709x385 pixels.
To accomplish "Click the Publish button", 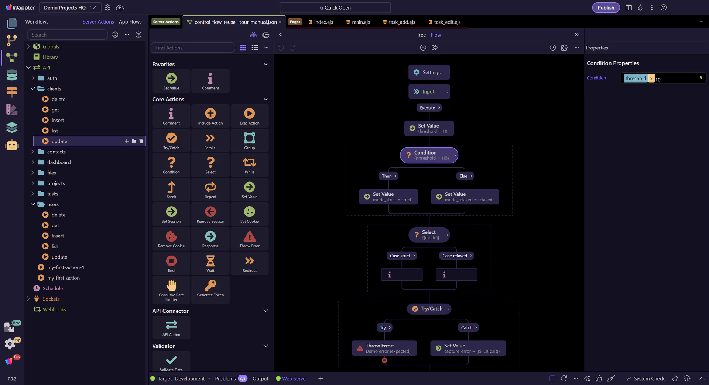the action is coord(606,7).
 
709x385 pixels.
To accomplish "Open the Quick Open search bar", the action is coord(335,7).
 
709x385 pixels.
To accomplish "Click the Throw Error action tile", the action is coord(249,239).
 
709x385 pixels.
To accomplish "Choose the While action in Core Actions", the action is coord(249,165).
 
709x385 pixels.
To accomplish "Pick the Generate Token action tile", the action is coord(210,288).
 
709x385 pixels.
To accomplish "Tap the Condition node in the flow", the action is coord(429,155).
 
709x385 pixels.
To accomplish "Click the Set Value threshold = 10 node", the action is coord(429,128).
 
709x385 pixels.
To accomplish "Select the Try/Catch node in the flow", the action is coord(429,309).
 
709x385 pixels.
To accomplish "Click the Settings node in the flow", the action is coord(429,72).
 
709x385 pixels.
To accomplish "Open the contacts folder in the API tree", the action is coord(56,152).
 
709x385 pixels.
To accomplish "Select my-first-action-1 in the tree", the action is coord(65,267).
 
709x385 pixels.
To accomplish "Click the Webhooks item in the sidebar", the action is coord(54,309).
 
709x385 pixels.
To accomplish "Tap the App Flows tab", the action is coord(130,22).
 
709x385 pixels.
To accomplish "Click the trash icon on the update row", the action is coord(141,141).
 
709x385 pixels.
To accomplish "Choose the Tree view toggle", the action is coord(421,35).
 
